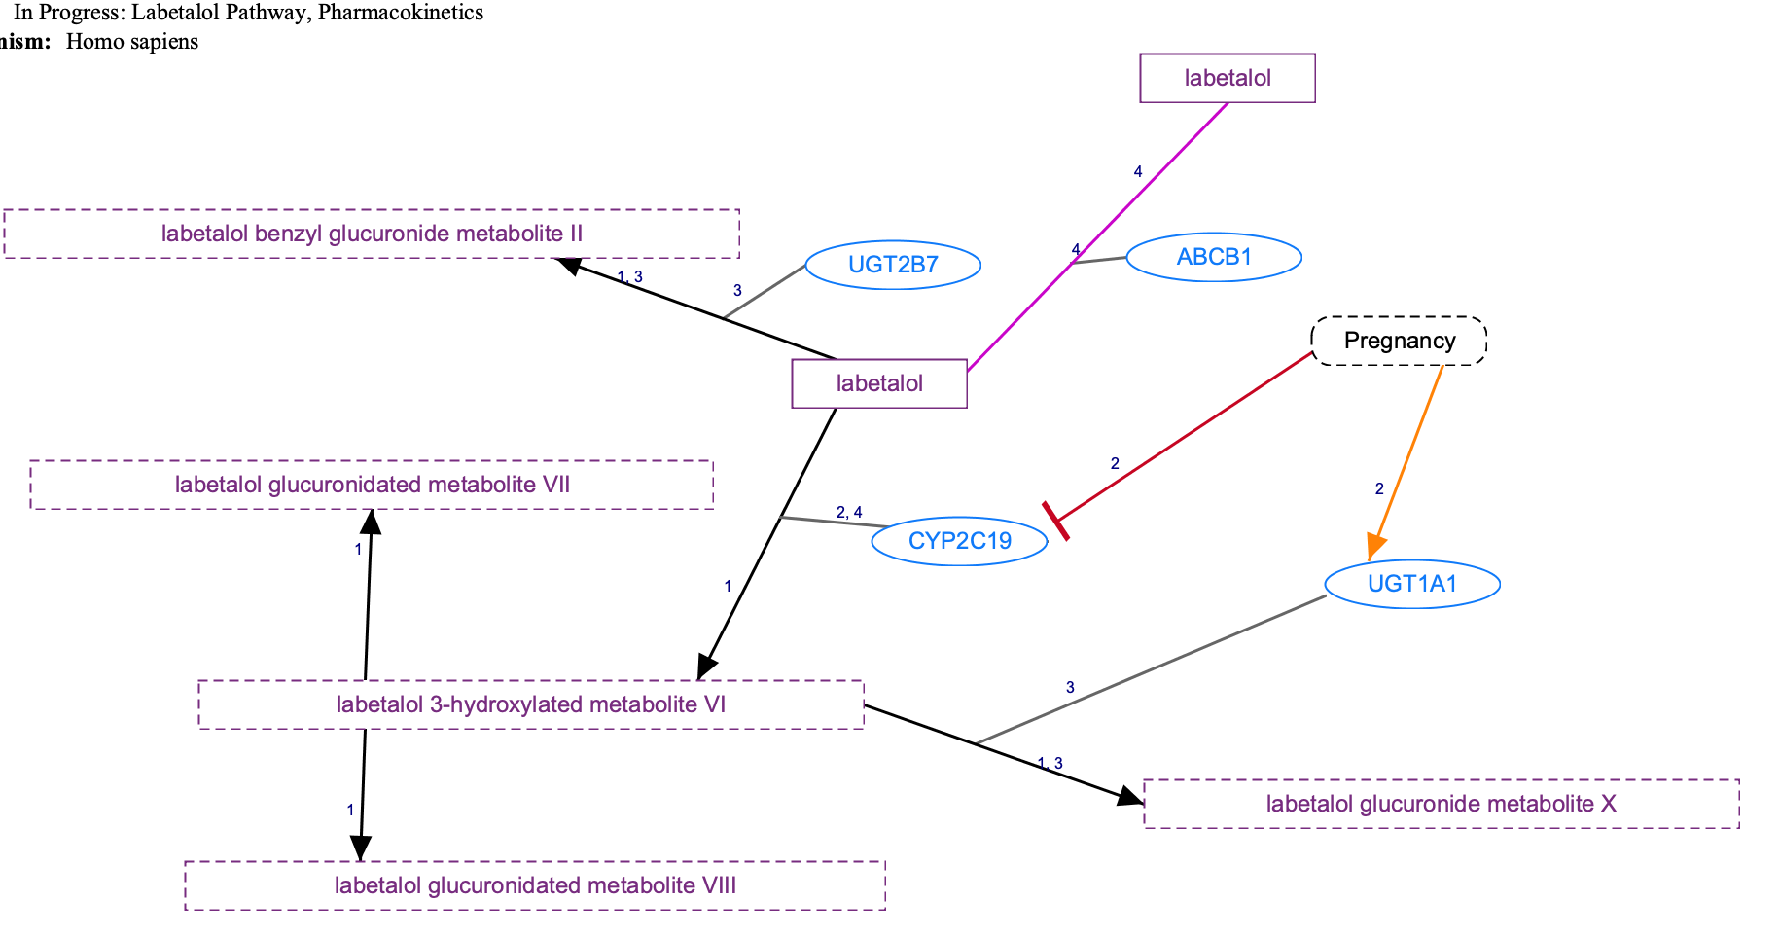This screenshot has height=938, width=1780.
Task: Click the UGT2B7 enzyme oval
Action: tap(893, 265)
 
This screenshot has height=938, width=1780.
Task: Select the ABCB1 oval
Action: tap(1214, 257)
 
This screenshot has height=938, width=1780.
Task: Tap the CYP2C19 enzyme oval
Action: tap(959, 541)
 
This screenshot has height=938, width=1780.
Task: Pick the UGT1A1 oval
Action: tap(1412, 584)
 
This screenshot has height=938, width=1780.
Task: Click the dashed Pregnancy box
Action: tap(1399, 341)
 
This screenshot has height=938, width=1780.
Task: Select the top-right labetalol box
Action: tap(1228, 78)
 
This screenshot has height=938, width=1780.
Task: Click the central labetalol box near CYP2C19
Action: tap(879, 383)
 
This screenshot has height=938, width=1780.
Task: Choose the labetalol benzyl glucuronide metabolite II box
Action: tap(372, 234)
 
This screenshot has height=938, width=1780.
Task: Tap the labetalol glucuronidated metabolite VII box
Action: tap(372, 485)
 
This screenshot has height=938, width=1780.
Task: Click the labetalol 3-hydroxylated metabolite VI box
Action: tap(531, 704)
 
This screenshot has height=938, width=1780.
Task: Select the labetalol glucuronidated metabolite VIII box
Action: tap(535, 885)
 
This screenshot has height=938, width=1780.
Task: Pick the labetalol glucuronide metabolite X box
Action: tap(1441, 804)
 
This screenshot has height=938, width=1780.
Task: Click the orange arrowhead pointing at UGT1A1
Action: tap(1373, 548)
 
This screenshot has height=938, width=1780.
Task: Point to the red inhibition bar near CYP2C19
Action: tap(1055, 521)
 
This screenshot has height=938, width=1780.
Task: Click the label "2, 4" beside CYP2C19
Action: tap(848, 513)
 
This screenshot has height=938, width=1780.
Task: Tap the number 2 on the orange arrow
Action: tap(1378, 489)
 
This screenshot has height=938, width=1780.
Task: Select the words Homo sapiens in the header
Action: tap(132, 42)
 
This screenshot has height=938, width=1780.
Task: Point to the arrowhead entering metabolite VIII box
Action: tap(361, 849)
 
